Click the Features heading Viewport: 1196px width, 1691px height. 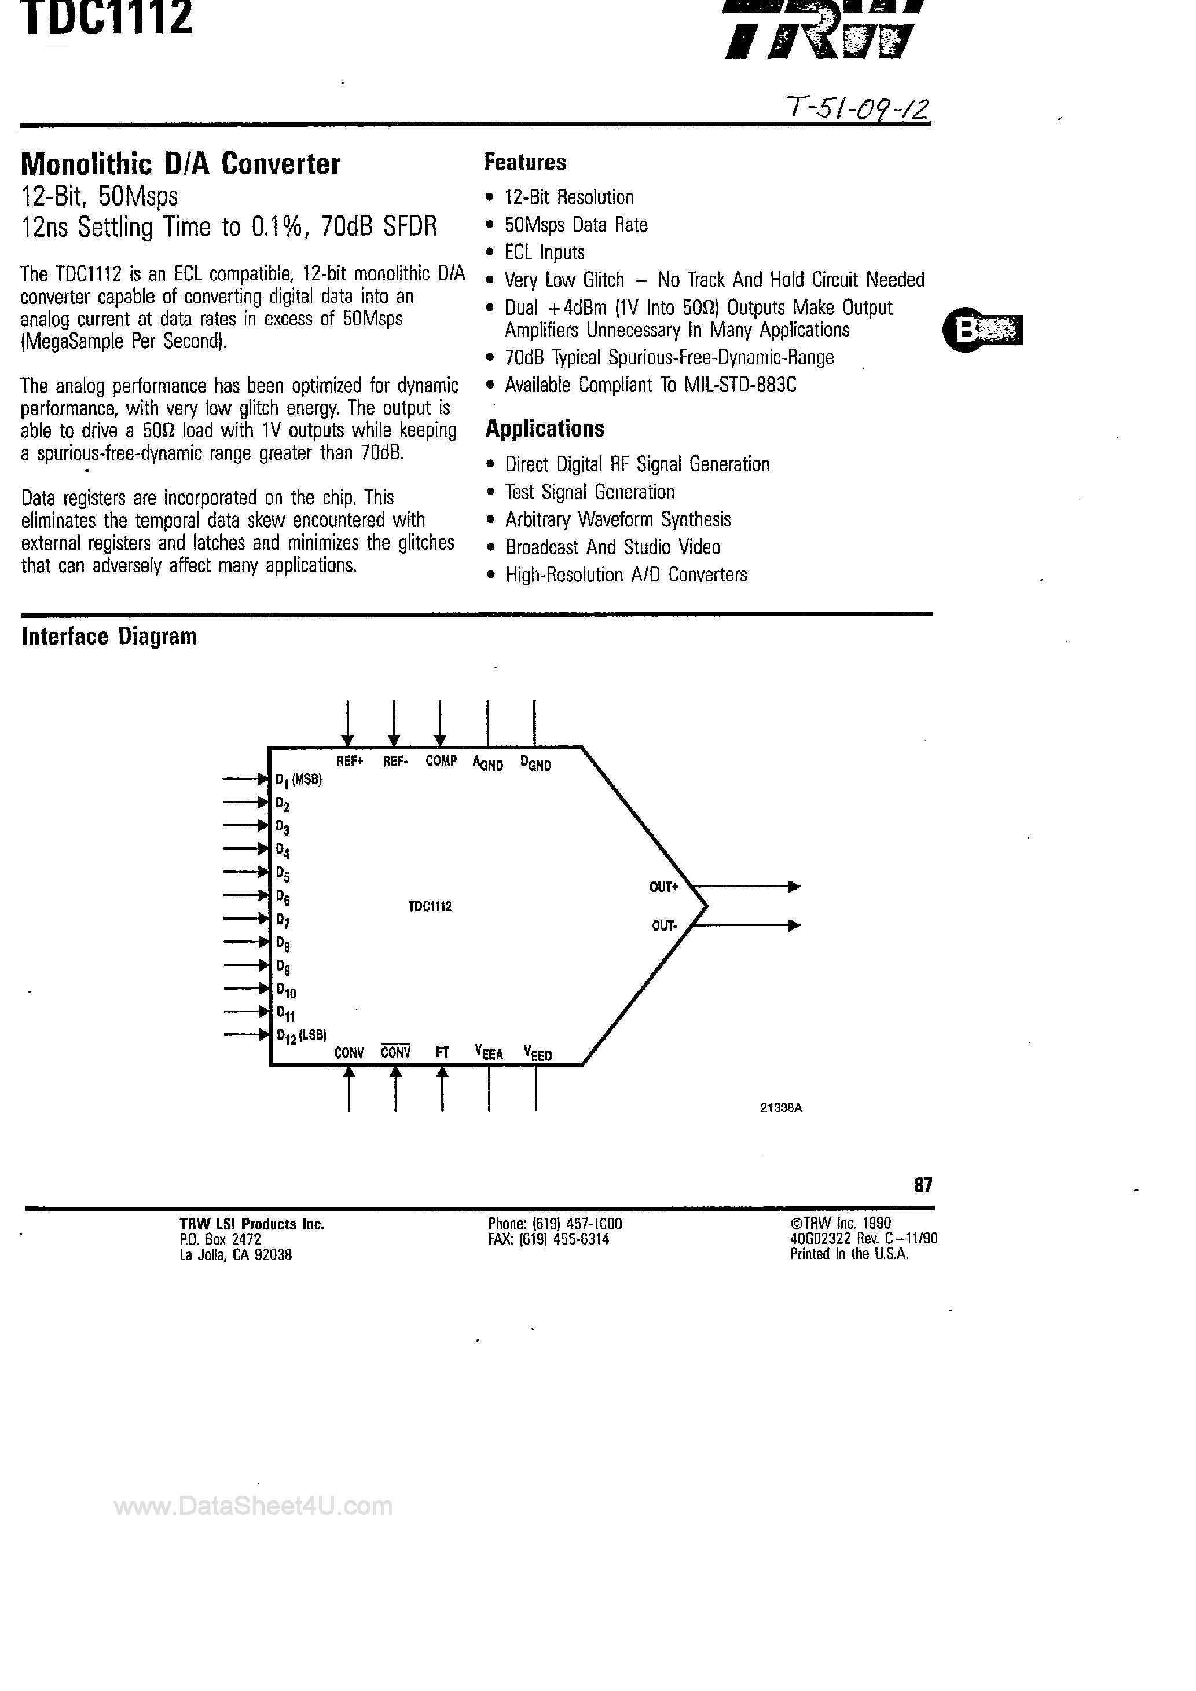pyautogui.click(x=524, y=162)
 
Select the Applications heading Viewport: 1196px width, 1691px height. pyautogui.click(x=544, y=429)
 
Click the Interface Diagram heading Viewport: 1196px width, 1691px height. pyautogui.click(x=109, y=636)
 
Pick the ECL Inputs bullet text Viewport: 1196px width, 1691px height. pyautogui.click(x=544, y=252)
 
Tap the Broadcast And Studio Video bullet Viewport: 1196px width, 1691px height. pyautogui.click(x=612, y=547)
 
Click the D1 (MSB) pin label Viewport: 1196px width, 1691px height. pyautogui.click(x=298, y=780)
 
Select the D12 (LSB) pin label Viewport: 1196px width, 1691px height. pyautogui.click(x=301, y=1035)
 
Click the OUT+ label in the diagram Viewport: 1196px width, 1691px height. pyautogui.click(x=663, y=887)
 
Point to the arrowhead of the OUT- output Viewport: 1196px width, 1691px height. pyautogui.click(x=794, y=925)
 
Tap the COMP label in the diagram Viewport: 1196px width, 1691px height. pyautogui.click(x=441, y=761)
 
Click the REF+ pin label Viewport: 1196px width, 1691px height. pyautogui.click(x=350, y=761)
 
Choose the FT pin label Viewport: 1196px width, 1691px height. pyautogui.click(x=442, y=1052)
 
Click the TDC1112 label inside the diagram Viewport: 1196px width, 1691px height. pyautogui.click(x=430, y=906)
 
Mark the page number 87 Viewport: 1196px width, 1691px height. pyautogui.click(x=923, y=1184)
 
